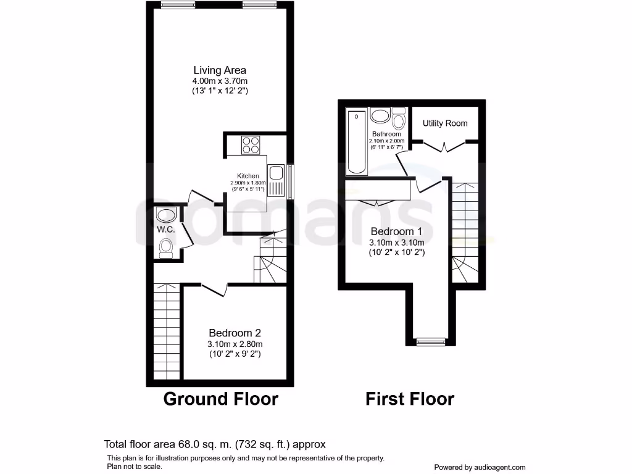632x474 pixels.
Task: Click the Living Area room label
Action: [220, 70]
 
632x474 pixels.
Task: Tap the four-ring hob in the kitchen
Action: [251, 145]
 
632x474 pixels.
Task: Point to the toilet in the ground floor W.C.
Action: [165, 247]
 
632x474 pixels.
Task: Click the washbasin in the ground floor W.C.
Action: [165, 215]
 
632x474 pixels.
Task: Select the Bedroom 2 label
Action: [234, 332]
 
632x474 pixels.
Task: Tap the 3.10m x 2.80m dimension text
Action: [234, 344]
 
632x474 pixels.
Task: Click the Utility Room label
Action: [445, 123]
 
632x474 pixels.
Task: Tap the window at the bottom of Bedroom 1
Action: [430, 340]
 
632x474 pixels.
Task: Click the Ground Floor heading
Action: [220, 399]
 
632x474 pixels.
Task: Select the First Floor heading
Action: [410, 399]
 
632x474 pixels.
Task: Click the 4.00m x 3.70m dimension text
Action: [220, 81]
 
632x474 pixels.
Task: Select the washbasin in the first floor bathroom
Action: [380, 116]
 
